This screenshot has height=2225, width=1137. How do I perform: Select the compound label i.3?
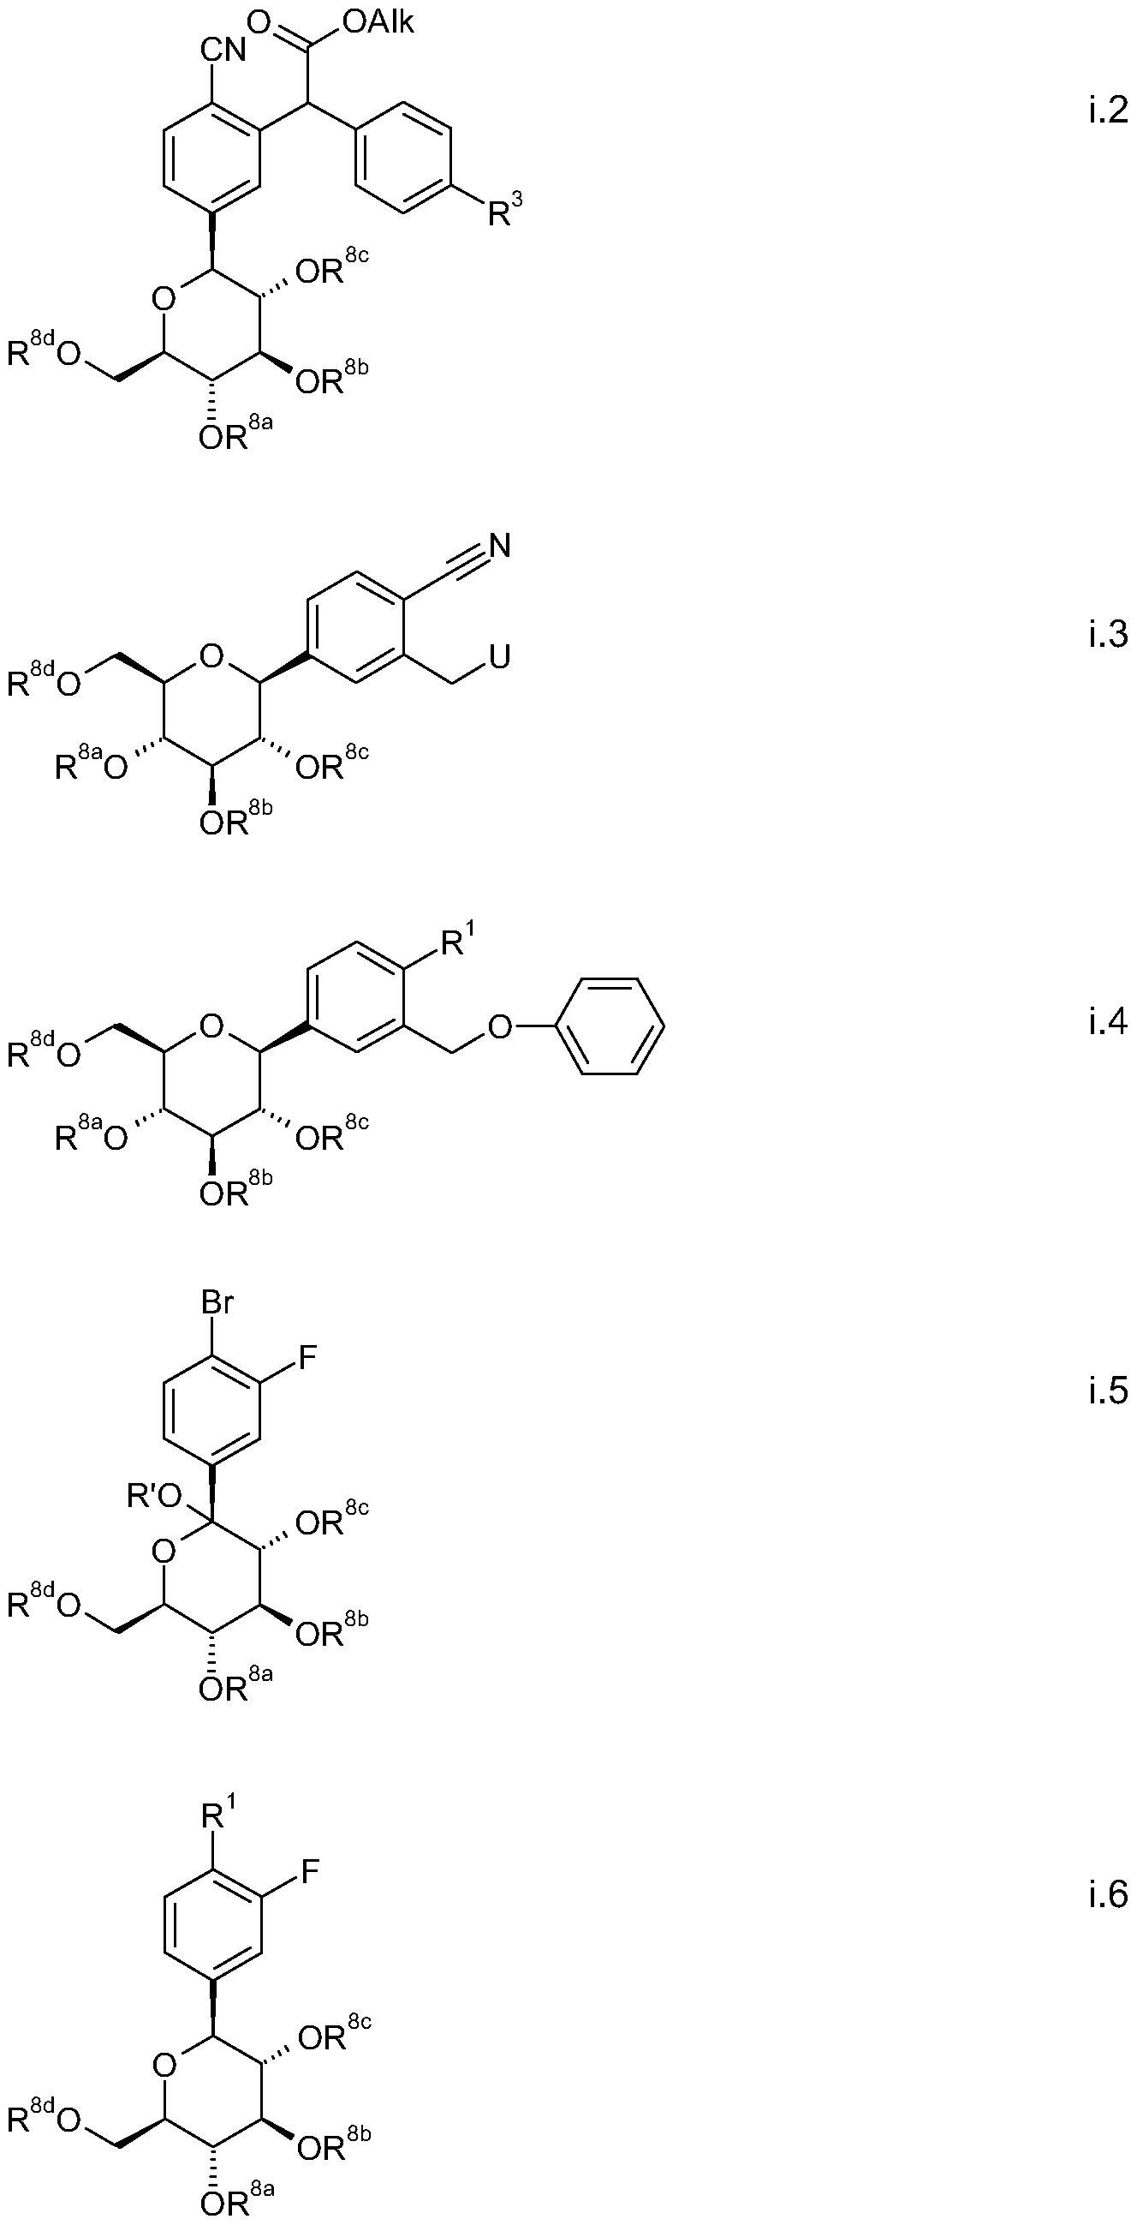point(1108,635)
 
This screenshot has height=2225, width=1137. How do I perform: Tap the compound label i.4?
point(1108,1022)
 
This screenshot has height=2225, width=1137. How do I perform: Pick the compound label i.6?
point(1108,1895)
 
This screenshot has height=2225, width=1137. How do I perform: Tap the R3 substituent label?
point(505,211)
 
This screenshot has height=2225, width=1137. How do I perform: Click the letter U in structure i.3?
point(499,657)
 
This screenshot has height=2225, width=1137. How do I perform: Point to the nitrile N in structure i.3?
point(499,546)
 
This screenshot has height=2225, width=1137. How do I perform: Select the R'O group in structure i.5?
point(152,1497)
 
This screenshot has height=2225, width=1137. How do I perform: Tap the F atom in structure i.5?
point(308,1360)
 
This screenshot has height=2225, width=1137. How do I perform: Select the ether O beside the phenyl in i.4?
point(499,1027)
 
